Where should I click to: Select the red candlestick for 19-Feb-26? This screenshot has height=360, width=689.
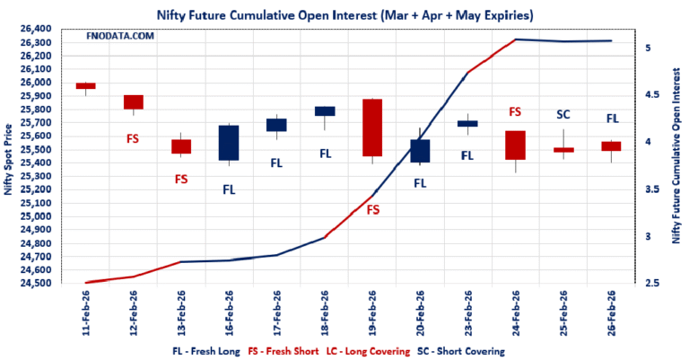(372, 127)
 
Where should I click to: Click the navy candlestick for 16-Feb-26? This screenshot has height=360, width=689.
(229, 143)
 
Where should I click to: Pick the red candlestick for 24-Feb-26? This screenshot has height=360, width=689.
(515, 145)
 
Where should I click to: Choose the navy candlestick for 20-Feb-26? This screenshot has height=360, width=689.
(420, 151)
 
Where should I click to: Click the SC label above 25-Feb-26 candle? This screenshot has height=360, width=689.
(563, 114)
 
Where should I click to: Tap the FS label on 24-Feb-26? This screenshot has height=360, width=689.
(515, 112)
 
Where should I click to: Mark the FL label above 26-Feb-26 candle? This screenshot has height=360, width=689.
(612, 118)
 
